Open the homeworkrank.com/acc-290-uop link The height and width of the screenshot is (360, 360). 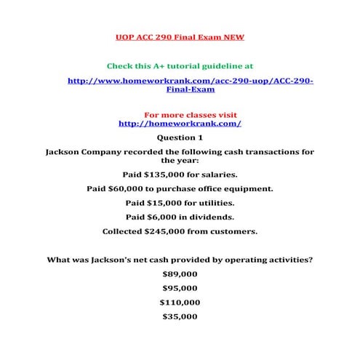point(190,81)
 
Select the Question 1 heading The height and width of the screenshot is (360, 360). point(180,137)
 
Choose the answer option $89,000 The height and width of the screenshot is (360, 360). point(180,275)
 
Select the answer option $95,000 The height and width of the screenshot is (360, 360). point(180,289)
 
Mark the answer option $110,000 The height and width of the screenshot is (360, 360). point(180,303)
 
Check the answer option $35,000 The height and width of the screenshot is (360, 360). point(180,317)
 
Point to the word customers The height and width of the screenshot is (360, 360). point(236,232)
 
